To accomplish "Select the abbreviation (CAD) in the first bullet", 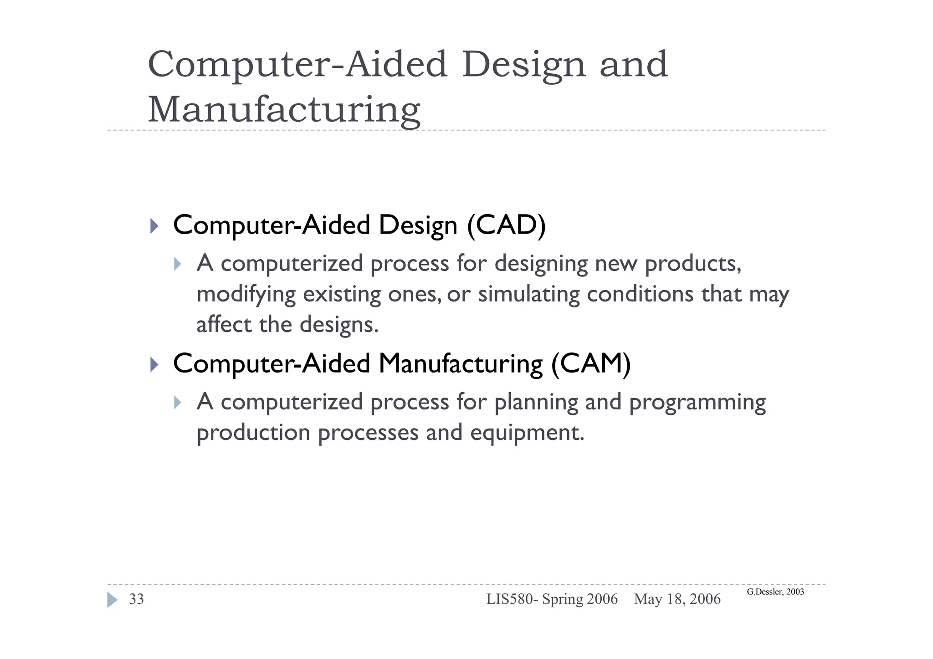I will (506, 225).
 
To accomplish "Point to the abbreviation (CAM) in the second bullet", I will (591, 363).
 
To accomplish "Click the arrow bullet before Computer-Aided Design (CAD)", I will (154, 226).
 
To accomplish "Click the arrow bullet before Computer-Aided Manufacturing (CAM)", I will (154, 364).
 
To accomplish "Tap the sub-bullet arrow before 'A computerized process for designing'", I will (178, 264).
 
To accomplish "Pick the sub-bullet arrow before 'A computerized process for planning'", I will (178, 403).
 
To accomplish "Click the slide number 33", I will (136, 599).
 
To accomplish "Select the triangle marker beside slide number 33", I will (112, 600).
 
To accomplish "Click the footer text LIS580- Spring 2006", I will (552, 599).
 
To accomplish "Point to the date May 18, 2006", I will (677, 599).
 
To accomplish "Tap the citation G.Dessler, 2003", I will (775, 592).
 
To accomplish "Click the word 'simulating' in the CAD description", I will (528, 294).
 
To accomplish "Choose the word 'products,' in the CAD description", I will (693, 264).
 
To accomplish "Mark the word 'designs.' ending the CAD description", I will (339, 325).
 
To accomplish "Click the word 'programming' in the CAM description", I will (697, 403).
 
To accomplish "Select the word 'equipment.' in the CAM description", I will (527, 433).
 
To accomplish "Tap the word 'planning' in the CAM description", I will (536, 403).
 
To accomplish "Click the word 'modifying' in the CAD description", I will (246, 294).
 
